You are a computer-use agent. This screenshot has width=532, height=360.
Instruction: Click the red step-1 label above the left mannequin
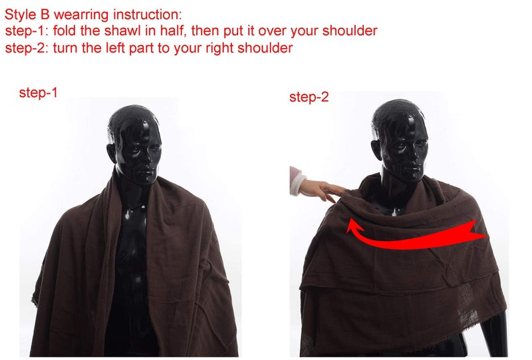tap(39, 92)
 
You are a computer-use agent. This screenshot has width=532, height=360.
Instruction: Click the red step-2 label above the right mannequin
tap(309, 97)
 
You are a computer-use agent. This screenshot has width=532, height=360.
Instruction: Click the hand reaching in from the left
tap(321, 190)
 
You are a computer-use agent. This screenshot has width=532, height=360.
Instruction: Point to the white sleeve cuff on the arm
tap(297, 184)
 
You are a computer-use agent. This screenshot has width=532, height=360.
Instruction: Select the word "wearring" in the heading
tap(81, 15)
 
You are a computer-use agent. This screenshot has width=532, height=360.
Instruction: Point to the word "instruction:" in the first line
tap(148, 15)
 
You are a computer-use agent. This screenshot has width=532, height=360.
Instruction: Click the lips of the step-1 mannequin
tap(148, 171)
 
